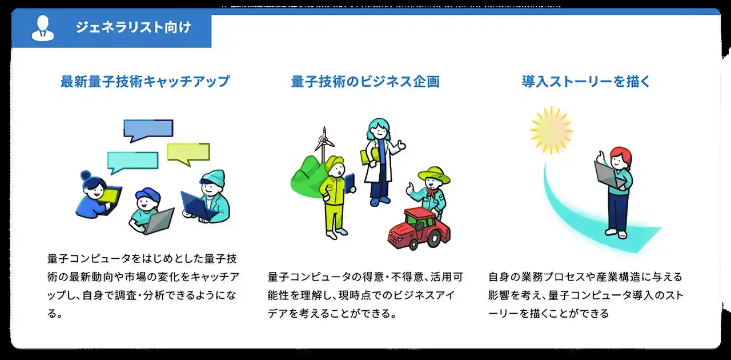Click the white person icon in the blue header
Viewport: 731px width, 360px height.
[43, 28]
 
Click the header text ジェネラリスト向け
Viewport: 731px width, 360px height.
[133, 27]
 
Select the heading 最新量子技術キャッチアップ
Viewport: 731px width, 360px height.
[145, 81]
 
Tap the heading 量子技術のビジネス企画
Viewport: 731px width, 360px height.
[365, 81]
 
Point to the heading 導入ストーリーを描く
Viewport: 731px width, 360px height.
[586, 81]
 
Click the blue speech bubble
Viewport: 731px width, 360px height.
[148, 129]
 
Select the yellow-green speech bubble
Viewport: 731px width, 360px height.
[188, 153]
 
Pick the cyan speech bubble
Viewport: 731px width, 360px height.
[132, 161]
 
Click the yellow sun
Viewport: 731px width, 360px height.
[551, 130]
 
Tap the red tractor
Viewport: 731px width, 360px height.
[419, 229]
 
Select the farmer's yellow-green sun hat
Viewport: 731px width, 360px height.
[434, 175]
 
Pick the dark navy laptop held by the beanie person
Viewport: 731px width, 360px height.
[197, 206]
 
